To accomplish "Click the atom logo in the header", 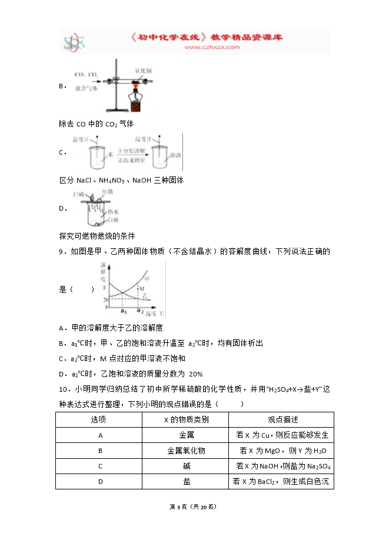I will (x=75, y=42).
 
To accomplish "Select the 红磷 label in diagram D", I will (x=107, y=192).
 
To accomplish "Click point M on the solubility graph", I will (x=141, y=288).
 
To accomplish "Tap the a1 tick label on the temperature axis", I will (x=124, y=311).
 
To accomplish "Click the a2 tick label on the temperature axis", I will (x=139, y=311).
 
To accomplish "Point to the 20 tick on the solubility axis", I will (x=105, y=300).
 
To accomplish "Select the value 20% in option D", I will (x=195, y=373).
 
